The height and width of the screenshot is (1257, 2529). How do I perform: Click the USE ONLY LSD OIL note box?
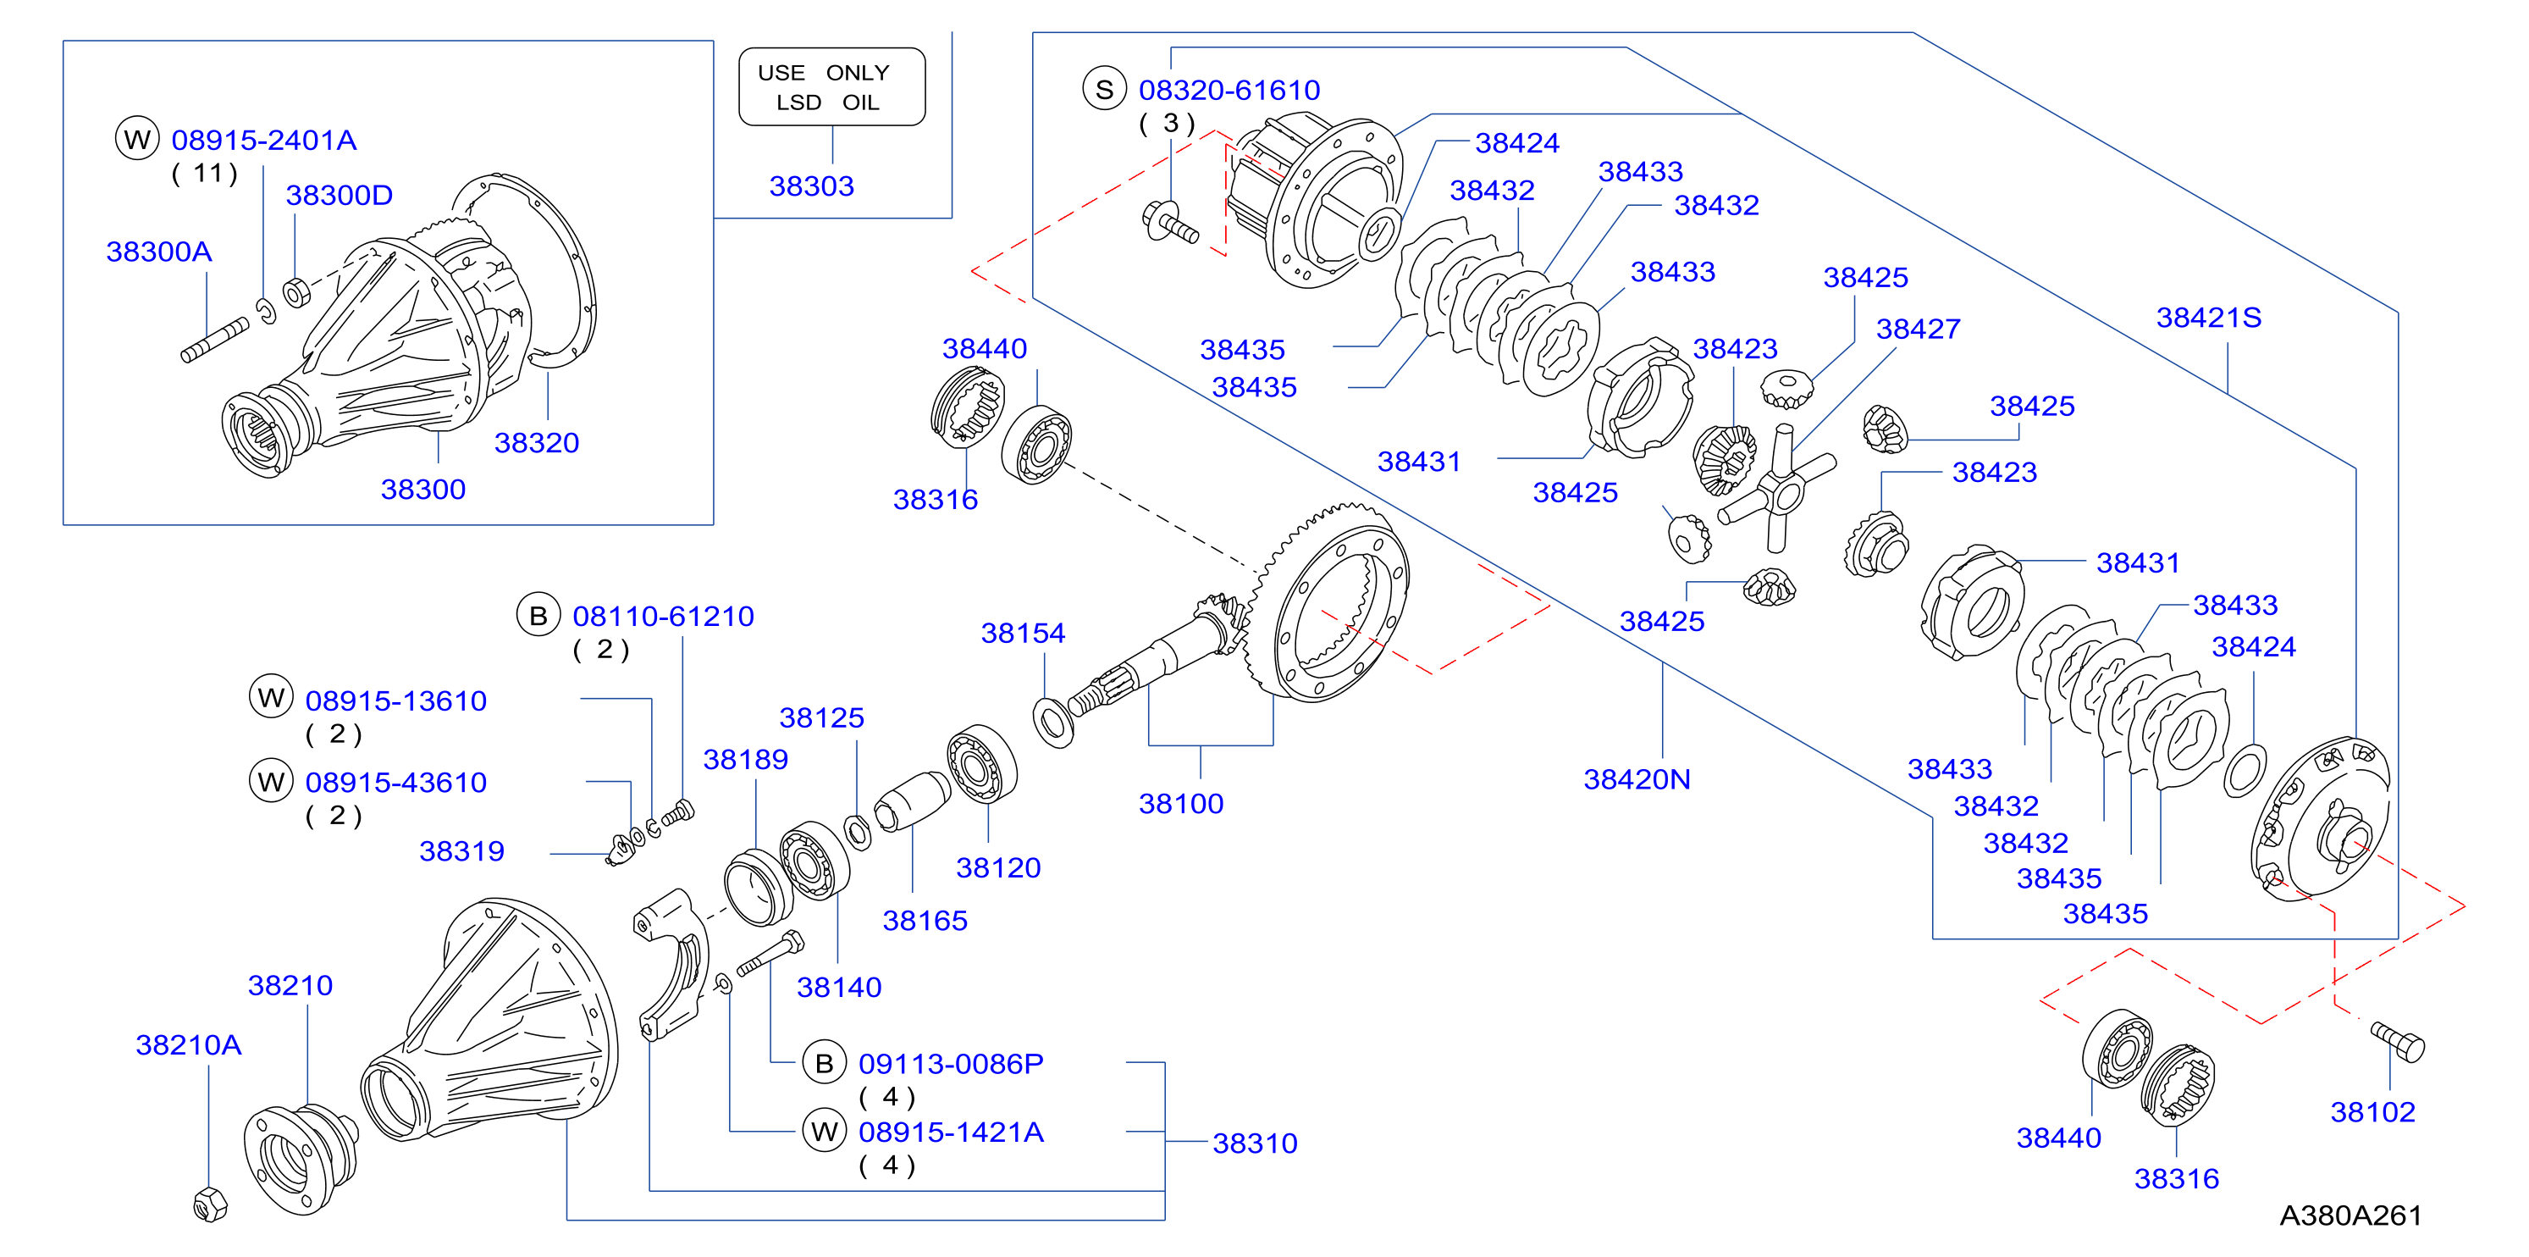[831, 86]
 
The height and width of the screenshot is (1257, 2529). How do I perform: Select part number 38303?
[811, 186]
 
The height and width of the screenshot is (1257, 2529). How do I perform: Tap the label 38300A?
[159, 252]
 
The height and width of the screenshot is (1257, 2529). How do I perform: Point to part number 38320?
[536, 443]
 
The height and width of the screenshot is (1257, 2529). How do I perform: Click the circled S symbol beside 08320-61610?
[1104, 90]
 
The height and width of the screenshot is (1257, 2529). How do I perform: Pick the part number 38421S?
[2208, 317]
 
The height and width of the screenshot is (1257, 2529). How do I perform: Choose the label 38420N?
[1637, 778]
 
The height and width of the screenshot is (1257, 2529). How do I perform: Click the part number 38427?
[1918, 329]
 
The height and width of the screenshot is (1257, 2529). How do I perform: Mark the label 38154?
[1023, 634]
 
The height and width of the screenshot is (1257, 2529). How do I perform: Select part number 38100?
[1181, 803]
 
